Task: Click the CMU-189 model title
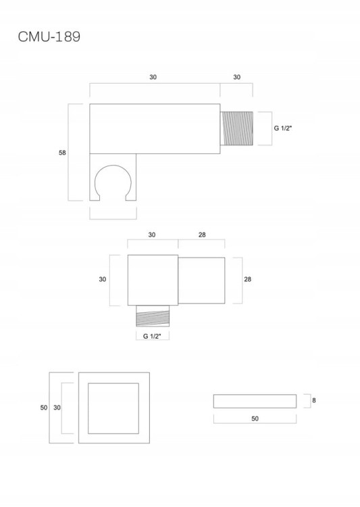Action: [x=49, y=37]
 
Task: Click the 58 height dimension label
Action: [x=62, y=153]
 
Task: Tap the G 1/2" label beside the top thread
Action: [x=283, y=128]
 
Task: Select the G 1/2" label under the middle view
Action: [x=152, y=336]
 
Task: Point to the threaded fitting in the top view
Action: [x=236, y=128]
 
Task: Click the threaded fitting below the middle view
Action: [x=153, y=316]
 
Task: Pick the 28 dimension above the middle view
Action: [x=202, y=235]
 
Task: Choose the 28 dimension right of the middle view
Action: [x=247, y=279]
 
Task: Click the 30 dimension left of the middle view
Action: [x=103, y=279]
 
